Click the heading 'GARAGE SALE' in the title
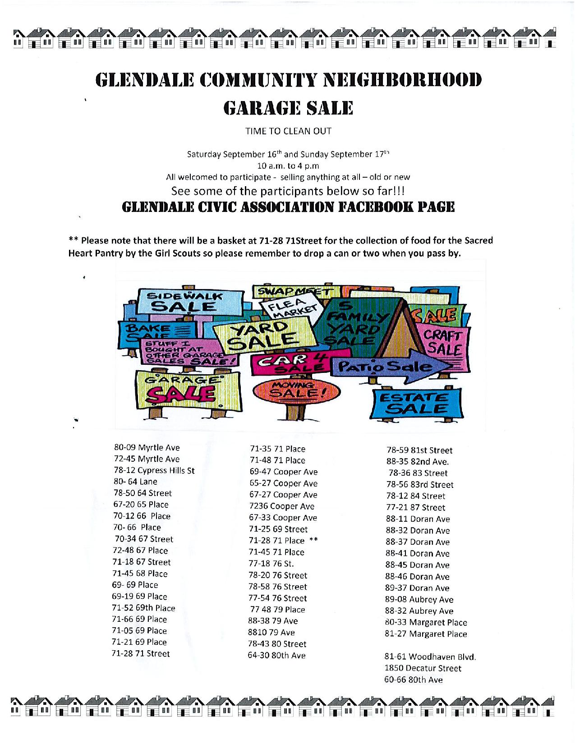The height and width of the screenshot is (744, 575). pos(288,108)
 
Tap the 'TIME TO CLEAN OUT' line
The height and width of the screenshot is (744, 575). pos(288,131)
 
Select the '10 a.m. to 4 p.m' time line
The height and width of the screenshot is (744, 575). pos(288,165)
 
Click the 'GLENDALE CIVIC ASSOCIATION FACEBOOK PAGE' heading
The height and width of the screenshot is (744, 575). pos(288,207)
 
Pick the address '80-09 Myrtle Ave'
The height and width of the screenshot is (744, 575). pos(147,448)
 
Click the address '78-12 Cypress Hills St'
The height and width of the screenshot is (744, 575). pos(154,470)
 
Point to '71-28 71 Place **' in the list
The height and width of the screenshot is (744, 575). pos(283,541)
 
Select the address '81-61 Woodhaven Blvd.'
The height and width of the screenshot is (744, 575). pos(431,657)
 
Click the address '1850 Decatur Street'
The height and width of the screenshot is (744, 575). pos(423,668)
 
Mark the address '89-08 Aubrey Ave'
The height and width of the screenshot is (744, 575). pos(419,600)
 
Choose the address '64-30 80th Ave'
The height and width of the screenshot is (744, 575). pos(276,656)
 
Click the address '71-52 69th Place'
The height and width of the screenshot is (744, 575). pos(143,608)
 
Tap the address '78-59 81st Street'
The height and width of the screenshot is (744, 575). pos(419,450)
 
